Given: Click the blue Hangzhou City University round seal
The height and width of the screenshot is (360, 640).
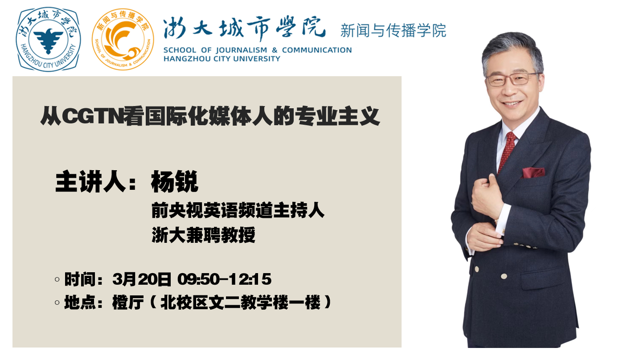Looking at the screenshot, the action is (x=48, y=39).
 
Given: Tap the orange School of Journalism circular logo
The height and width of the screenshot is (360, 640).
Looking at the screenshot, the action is (x=123, y=39).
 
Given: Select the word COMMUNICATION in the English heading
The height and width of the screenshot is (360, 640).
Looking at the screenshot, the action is (x=317, y=50).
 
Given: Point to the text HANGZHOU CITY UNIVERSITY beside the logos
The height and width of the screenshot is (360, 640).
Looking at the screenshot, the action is (x=222, y=59).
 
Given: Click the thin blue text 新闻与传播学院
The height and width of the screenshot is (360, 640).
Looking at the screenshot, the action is (x=393, y=31).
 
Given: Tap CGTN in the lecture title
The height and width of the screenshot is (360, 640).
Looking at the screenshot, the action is (x=93, y=116).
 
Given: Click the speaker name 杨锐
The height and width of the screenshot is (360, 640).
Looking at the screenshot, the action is (x=175, y=182).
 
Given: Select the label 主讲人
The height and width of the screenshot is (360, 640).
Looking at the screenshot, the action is (x=91, y=182).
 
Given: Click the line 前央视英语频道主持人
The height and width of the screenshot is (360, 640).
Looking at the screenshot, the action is (x=238, y=210).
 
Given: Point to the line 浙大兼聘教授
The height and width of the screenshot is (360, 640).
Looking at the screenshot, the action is (x=203, y=235).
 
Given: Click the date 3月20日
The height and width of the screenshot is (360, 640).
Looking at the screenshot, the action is (x=142, y=279).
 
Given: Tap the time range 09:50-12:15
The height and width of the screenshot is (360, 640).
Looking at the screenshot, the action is (x=224, y=279).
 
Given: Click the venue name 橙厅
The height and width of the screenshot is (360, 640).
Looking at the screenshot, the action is (x=128, y=302).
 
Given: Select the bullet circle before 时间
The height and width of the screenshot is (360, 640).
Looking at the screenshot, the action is (x=57, y=279).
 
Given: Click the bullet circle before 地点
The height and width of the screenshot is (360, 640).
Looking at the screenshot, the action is (x=57, y=303).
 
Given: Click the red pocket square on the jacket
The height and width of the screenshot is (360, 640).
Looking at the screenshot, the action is (x=533, y=172).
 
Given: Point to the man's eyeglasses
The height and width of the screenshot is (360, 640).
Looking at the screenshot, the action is (x=512, y=79).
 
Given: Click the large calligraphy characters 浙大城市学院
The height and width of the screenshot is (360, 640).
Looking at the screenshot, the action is (x=245, y=29).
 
